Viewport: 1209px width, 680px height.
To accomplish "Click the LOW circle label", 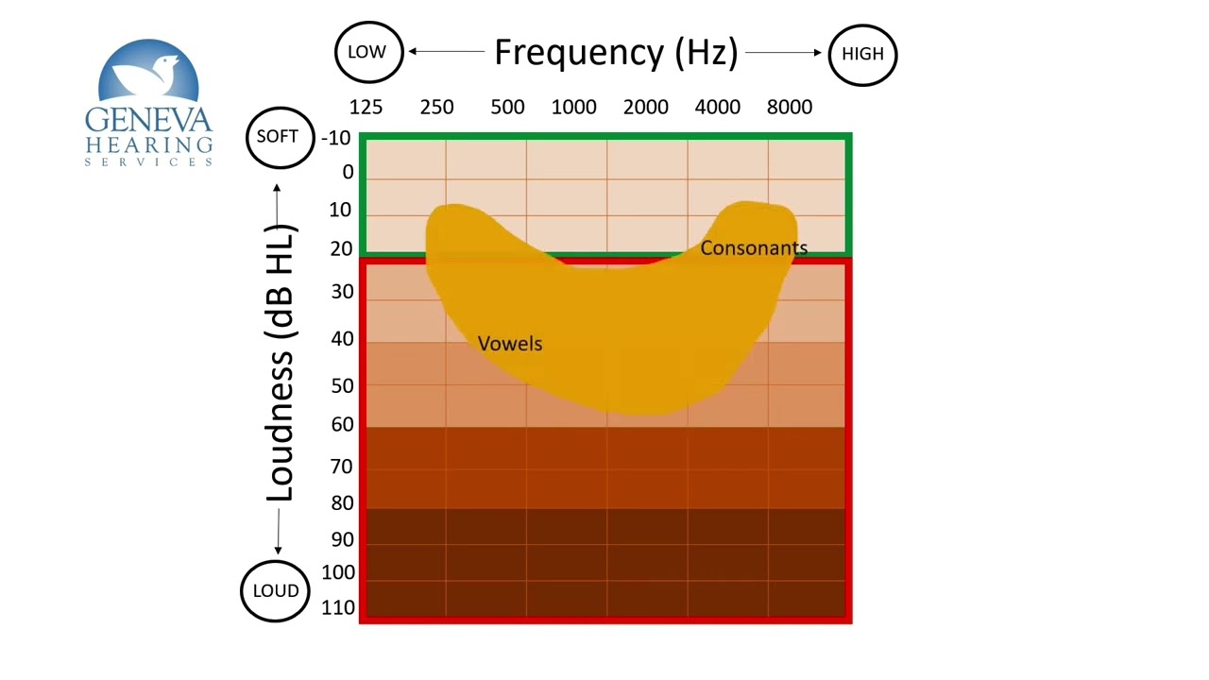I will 367,52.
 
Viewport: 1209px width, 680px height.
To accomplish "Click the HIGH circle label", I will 862,54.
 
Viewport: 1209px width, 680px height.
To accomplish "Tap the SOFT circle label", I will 278,137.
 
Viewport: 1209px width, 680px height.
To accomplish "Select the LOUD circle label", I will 276,590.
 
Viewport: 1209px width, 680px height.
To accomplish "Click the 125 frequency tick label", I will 366,107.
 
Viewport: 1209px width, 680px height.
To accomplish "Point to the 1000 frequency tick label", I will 574,107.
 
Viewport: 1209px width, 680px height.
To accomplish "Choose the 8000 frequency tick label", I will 790,107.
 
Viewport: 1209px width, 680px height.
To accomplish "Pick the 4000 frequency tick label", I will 718,107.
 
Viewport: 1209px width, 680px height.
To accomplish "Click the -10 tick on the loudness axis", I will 336,139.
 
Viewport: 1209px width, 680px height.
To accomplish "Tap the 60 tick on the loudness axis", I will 341,425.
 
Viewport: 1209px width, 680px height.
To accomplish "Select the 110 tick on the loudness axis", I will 338,608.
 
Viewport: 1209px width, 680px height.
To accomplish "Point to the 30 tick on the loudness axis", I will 341,292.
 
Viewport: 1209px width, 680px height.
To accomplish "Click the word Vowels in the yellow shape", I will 510,344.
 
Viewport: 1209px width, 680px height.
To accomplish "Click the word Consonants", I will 754,248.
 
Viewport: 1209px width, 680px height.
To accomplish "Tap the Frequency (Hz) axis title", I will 616,52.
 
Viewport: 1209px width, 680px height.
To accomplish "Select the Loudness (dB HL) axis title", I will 281,364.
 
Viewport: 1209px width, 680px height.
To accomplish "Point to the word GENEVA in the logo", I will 149,120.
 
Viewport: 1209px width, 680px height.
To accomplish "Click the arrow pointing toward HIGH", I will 784,53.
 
